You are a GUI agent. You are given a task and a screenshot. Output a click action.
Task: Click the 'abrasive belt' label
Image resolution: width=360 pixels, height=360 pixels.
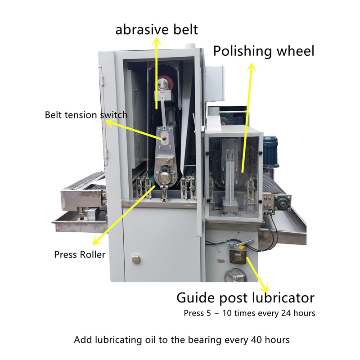coord(157,30)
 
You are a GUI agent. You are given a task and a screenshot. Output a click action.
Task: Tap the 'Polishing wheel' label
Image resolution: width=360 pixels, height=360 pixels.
coord(263,50)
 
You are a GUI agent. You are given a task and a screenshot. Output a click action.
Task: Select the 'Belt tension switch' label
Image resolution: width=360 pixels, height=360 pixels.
coord(86,115)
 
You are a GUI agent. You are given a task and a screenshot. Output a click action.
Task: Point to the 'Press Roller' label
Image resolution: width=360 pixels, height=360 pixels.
coord(80,255)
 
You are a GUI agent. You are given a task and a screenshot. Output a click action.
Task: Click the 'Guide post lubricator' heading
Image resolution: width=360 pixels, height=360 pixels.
coord(245,298)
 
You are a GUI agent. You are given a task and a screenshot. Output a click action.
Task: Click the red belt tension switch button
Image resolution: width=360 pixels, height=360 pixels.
coord(164,139)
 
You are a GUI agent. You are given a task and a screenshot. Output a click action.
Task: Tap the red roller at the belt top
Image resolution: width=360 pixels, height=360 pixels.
coord(170,84)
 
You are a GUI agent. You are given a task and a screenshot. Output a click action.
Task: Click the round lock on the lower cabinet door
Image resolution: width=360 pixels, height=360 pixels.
coord(135,259)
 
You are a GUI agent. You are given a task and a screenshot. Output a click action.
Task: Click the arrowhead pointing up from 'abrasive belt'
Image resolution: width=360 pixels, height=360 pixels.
coord(157,42)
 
